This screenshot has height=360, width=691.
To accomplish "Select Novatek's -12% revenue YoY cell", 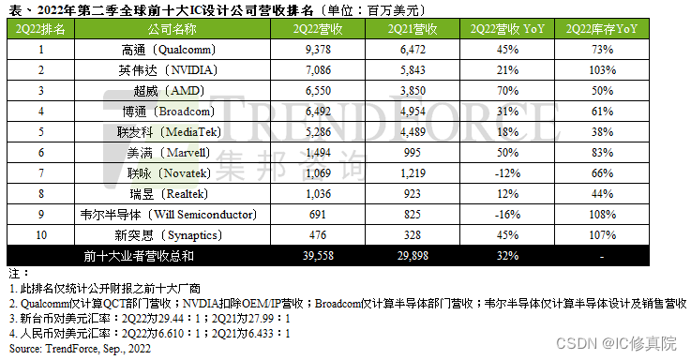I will pos(509,173).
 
